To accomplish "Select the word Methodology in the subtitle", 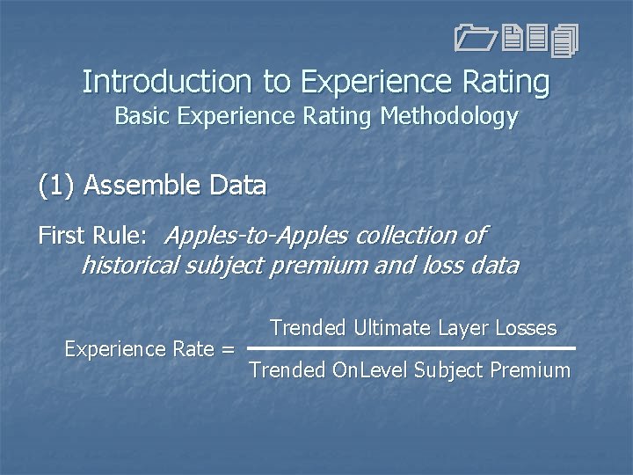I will click(x=449, y=117).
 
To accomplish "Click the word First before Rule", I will click(x=61, y=236).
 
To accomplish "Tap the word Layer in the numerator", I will click(x=462, y=328).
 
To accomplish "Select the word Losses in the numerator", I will click(x=525, y=328).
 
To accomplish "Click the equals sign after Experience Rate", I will click(x=228, y=349).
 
